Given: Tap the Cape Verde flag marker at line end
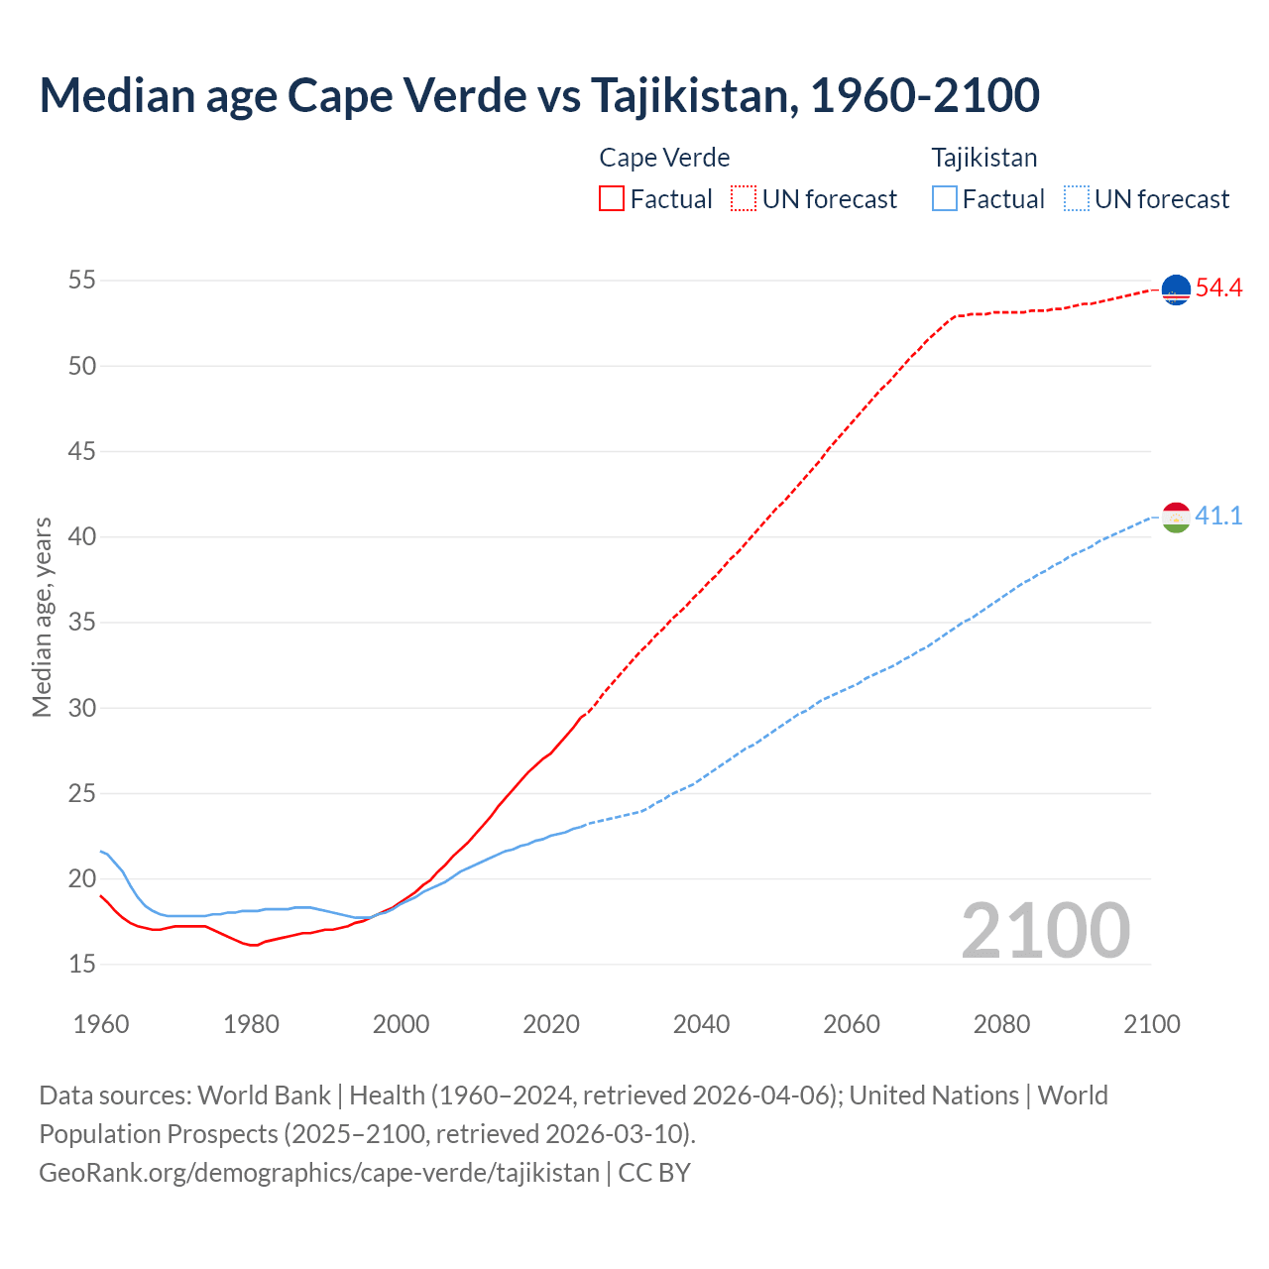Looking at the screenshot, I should click(1176, 289).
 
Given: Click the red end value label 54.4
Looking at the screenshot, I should click(1218, 288).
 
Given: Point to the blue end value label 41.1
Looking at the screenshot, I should click(1218, 517).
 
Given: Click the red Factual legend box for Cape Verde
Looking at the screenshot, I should click(612, 198).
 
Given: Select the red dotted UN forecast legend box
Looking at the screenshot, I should click(744, 198).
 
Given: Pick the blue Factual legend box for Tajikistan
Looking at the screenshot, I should click(945, 198).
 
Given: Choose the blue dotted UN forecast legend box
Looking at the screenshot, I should click(1077, 198).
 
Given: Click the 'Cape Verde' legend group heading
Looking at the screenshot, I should click(664, 158).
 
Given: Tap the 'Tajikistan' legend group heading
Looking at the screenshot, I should click(984, 158).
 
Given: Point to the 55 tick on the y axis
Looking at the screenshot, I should click(82, 281).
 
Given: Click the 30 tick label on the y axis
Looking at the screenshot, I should click(82, 708).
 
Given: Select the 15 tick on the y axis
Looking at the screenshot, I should click(82, 964).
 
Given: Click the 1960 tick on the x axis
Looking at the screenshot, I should click(101, 1024).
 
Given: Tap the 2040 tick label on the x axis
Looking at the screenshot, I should click(701, 1024).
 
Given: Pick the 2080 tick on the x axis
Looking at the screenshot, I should click(1001, 1024).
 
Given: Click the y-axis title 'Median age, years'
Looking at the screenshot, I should click(42, 617).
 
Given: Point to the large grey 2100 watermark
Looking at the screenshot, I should click(1045, 931).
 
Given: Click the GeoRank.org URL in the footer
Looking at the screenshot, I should click(319, 1173).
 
